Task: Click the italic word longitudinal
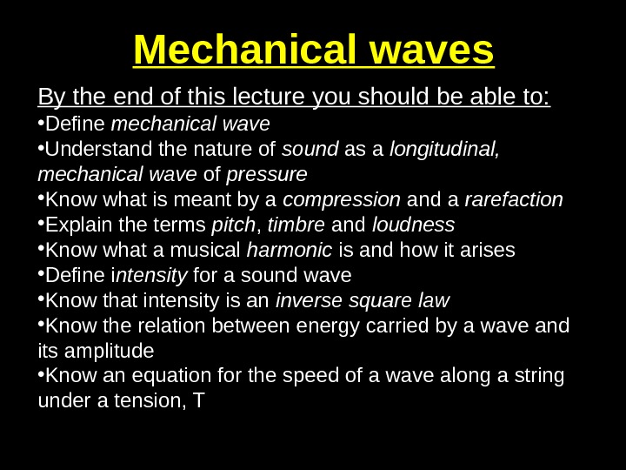[444, 151]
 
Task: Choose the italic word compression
[343, 200]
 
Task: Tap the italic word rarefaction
[514, 200]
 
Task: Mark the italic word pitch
[232, 225]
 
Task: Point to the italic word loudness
[414, 225]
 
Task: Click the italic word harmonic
[290, 251]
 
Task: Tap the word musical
[209, 251]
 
